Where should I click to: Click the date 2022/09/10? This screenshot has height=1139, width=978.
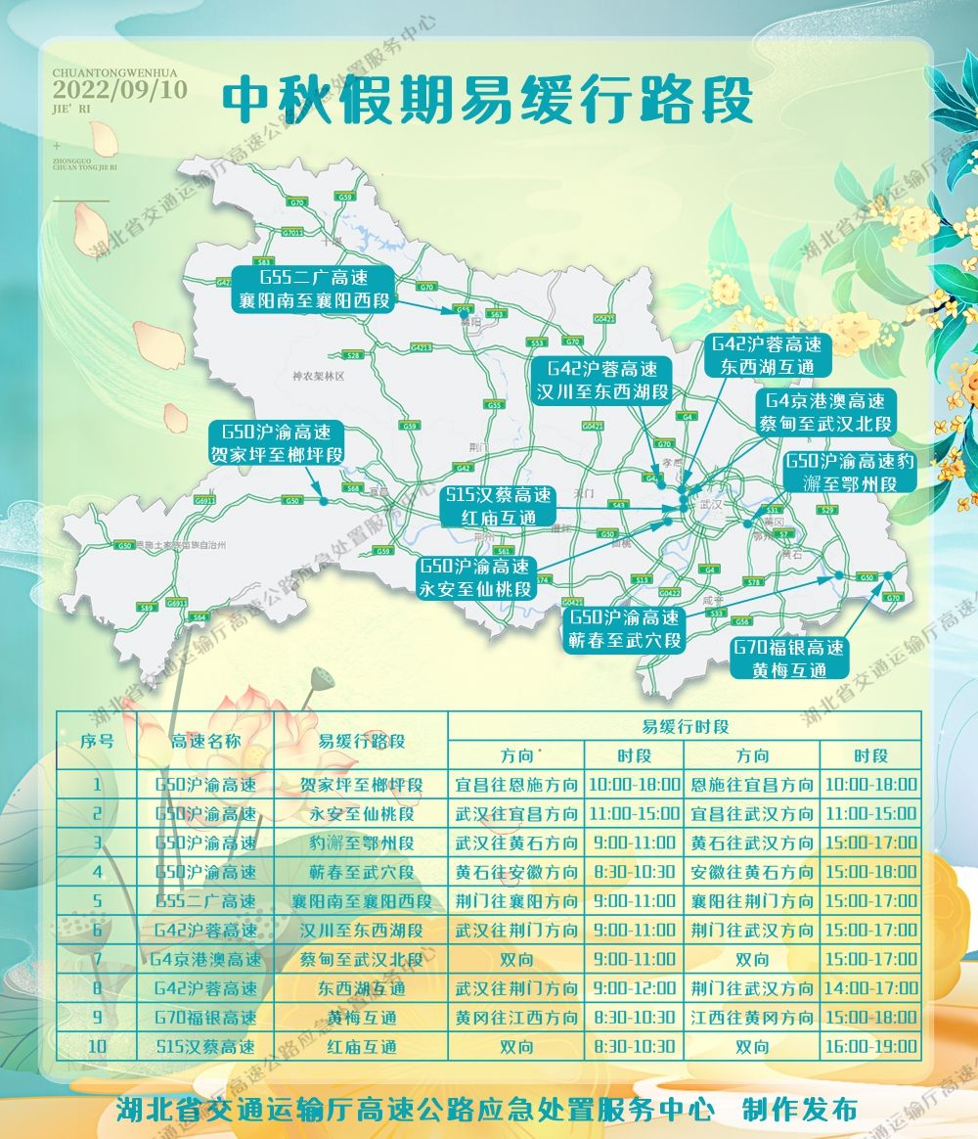pyautogui.click(x=120, y=90)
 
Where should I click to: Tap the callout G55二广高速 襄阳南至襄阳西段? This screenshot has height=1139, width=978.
pyautogui.click(x=313, y=288)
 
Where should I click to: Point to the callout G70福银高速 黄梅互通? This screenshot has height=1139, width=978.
pyautogui.click(x=790, y=659)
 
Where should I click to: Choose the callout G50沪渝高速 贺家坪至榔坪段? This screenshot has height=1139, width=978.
pyautogui.click(x=276, y=442)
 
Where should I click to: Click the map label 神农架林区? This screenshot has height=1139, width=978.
pyautogui.click(x=320, y=376)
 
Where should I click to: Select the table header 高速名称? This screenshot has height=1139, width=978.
pyautogui.click(x=205, y=741)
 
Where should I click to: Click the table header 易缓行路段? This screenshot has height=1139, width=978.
pyautogui.click(x=361, y=741)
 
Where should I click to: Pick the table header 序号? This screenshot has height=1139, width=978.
pyautogui.click(x=97, y=741)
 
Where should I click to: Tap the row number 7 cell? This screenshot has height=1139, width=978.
pyautogui.click(x=97, y=959)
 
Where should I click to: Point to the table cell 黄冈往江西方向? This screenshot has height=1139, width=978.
pyautogui.click(x=516, y=1018)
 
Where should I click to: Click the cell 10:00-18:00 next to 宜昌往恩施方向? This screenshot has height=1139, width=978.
pyautogui.click(x=635, y=785)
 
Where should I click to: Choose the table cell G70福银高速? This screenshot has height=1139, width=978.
pyautogui.click(x=205, y=1018)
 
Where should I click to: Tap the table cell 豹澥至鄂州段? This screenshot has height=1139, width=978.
pyautogui.click(x=361, y=843)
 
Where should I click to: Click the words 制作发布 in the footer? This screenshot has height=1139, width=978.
pyautogui.click(x=799, y=1110)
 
